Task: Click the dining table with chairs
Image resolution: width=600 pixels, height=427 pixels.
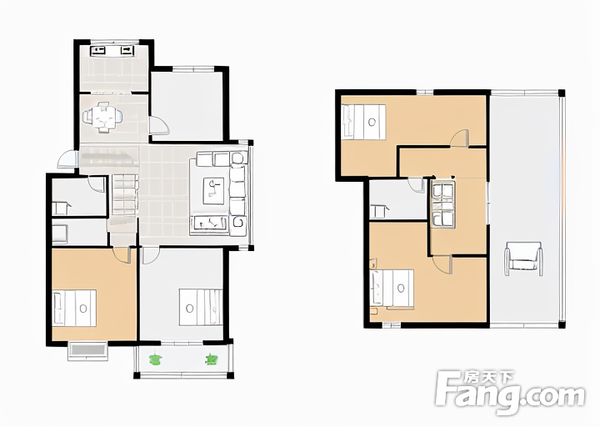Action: pos(103,118)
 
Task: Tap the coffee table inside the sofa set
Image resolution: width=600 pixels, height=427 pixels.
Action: pos(213,191)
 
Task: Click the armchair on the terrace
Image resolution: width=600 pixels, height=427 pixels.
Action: pos(523,259)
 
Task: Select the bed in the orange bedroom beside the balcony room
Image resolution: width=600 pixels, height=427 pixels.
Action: pos(74,308)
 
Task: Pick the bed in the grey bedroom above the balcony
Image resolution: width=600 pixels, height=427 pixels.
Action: pos(201,307)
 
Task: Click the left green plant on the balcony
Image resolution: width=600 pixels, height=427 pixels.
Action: pos(155,359)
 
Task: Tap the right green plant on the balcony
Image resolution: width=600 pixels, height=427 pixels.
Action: pos(211,359)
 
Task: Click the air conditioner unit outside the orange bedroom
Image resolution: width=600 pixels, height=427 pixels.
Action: pos(88,350)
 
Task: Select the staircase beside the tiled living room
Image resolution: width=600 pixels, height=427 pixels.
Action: pos(125,194)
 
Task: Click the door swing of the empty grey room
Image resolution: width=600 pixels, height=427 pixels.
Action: pos(159,126)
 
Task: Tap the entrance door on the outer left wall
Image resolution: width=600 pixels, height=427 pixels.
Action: pos(68,159)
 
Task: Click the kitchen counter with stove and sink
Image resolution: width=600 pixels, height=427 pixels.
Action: pos(112,51)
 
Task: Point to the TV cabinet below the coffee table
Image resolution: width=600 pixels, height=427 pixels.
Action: pos(209,223)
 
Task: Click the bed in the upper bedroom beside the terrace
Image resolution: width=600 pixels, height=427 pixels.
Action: pos(364,122)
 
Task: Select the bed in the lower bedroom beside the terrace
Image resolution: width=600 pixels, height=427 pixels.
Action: pos(392,289)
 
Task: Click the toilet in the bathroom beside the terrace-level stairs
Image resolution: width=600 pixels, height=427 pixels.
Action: pos(378,211)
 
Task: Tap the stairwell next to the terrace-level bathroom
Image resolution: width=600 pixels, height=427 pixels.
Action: pos(442,204)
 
